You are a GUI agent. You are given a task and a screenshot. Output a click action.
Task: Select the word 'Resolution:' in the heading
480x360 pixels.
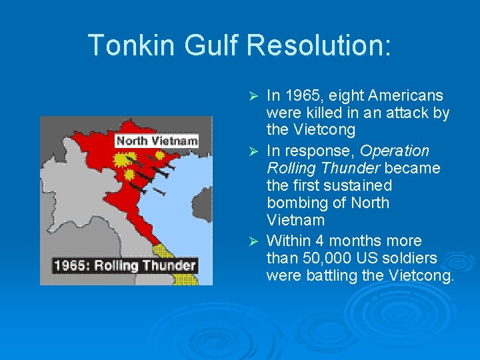tap(319, 45)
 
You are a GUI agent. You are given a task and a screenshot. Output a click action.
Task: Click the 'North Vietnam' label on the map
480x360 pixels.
tap(157, 141)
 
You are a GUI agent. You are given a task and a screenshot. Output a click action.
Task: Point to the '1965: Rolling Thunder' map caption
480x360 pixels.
tap(125, 265)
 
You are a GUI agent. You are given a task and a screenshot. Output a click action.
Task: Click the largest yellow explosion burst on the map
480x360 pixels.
tap(123, 161)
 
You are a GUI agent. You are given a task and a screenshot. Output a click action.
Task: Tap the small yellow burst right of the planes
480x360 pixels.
tap(160, 155)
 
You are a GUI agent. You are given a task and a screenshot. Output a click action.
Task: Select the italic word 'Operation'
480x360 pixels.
tap(395, 151)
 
